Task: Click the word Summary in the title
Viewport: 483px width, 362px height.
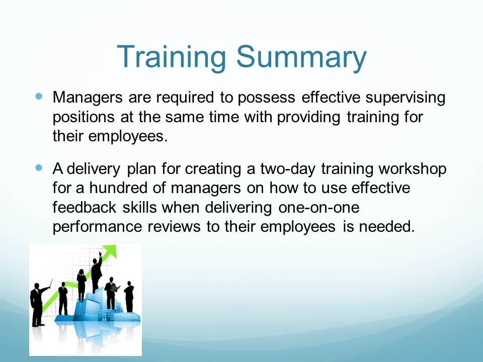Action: (x=301, y=57)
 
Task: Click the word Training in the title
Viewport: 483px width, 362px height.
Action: (x=172, y=57)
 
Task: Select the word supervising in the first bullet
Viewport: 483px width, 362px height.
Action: (x=406, y=98)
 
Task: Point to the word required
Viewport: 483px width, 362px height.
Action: (x=185, y=98)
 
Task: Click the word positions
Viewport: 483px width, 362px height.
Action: (x=84, y=118)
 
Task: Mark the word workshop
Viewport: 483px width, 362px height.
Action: (x=413, y=169)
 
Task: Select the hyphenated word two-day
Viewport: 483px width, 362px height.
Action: (x=288, y=169)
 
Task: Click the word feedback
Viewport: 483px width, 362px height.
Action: (x=85, y=207)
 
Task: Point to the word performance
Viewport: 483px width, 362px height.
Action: (x=97, y=227)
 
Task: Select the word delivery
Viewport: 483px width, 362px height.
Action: (x=94, y=169)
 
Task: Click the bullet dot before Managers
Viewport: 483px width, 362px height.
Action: (x=39, y=97)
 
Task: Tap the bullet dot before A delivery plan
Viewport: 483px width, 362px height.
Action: (x=39, y=168)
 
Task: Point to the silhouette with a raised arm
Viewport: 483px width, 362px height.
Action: (x=97, y=273)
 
